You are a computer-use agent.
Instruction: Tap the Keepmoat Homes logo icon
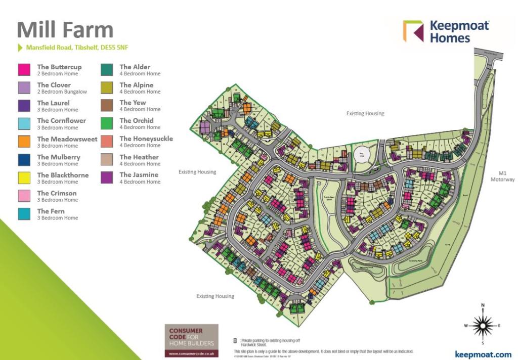pos(413,31)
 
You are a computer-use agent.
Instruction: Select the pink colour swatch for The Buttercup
pos(24,70)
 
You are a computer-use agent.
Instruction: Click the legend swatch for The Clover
pos(24,88)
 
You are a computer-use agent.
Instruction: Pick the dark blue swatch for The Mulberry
pos(24,160)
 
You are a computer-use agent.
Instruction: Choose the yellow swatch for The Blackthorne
pos(24,178)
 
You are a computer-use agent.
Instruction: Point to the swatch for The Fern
pos(24,214)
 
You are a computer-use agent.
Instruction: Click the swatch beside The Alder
pos(107,70)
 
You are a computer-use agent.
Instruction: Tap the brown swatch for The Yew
pos(107,106)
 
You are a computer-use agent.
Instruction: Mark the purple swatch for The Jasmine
pos(107,177)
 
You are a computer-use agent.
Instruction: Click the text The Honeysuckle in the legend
pos(146,139)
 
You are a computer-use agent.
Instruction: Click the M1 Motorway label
pos(502,176)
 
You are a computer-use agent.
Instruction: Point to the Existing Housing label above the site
pos(365,114)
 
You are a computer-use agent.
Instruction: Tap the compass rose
pos(484,326)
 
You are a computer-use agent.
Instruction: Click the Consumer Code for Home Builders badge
pos(191,340)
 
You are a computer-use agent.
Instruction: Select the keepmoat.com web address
pos(483,354)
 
